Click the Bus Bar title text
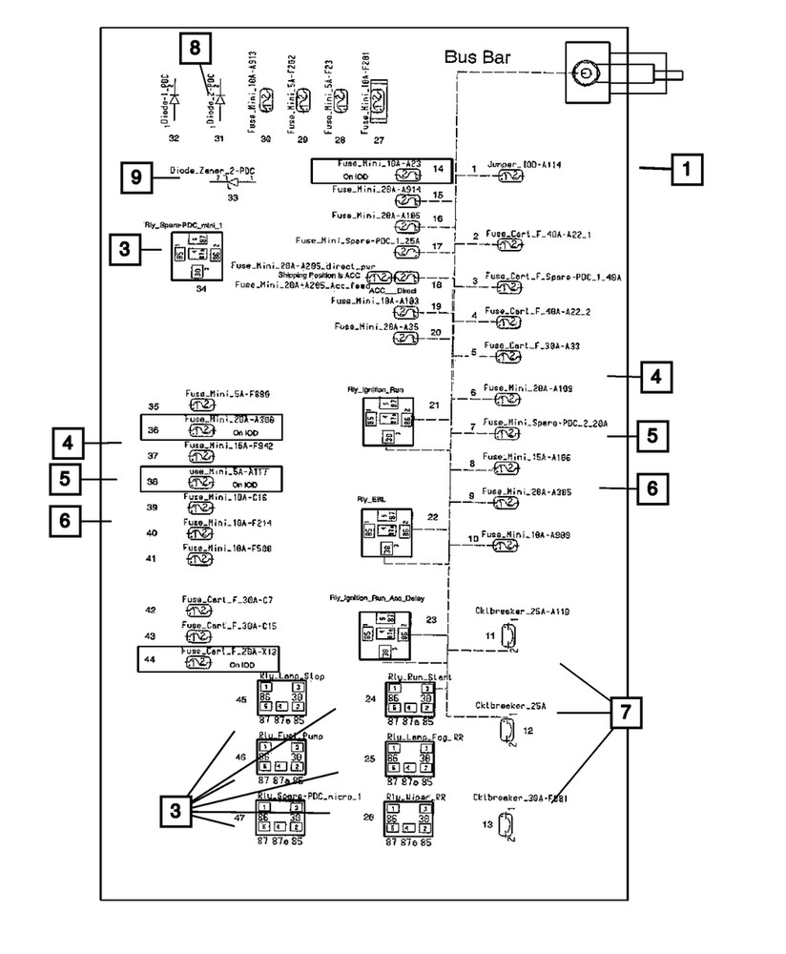click(x=477, y=57)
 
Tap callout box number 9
click(x=136, y=177)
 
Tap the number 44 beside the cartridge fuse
click(x=149, y=659)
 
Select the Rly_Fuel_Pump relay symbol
click(x=280, y=759)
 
